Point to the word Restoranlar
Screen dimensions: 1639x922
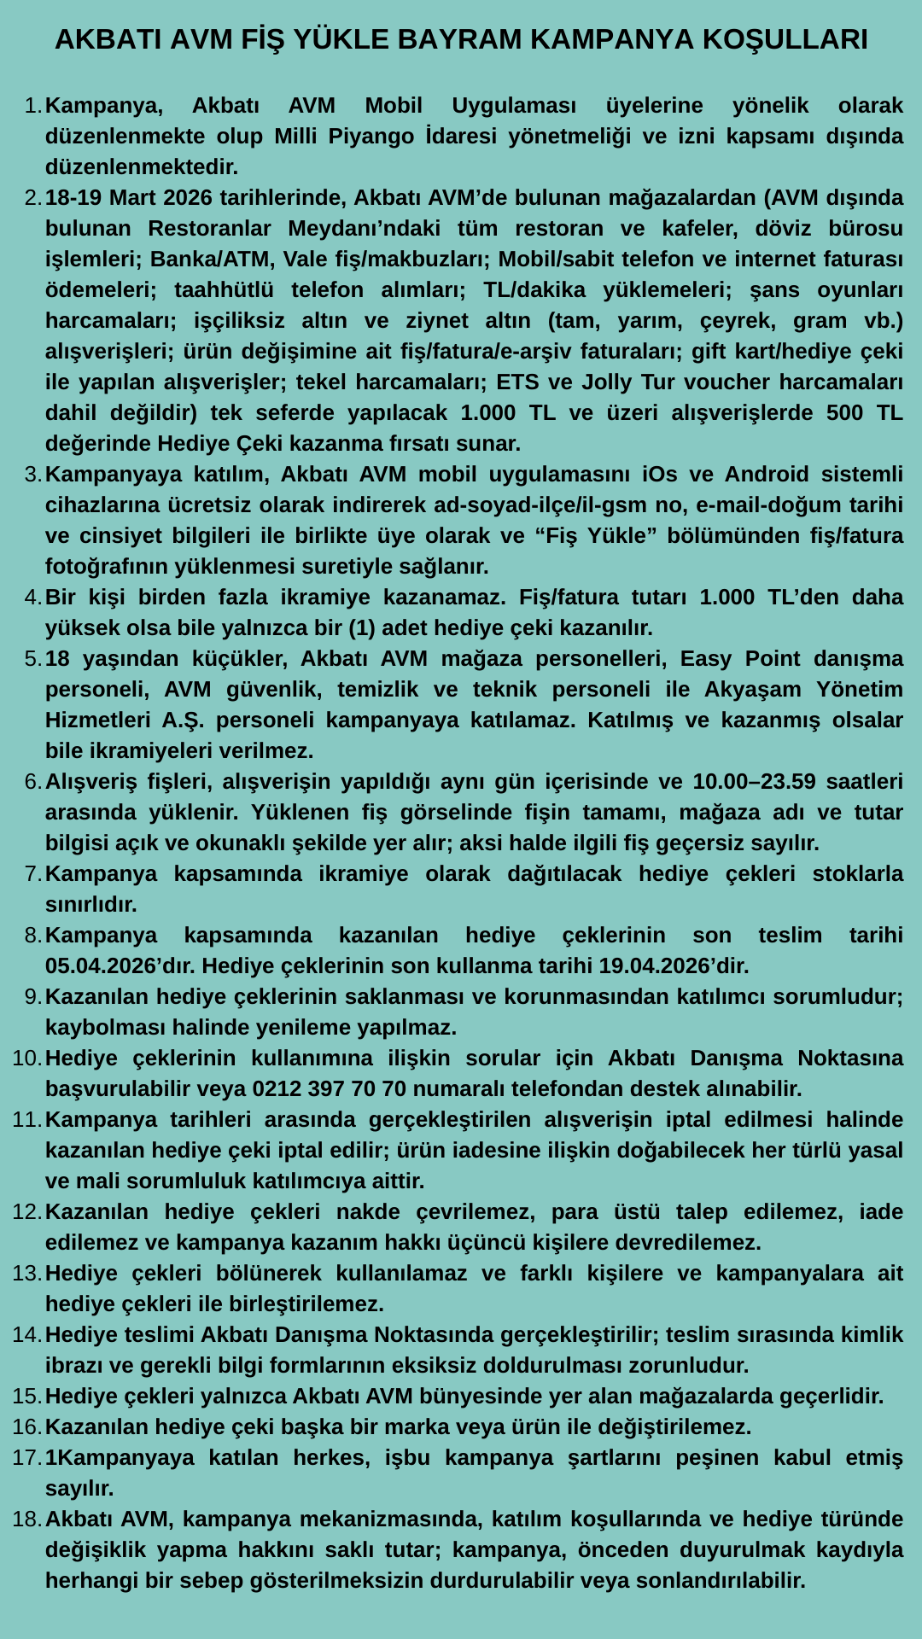pyautogui.click(x=211, y=228)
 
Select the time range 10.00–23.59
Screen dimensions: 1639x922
pyautogui.click(x=754, y=781)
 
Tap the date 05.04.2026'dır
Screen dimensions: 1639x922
pyautogui.click(x=118, y=965)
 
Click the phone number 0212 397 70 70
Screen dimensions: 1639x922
pyautogui.click(x=329, y=1088)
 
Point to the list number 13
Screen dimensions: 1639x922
pyautogui.click(x=26, y=1273)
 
